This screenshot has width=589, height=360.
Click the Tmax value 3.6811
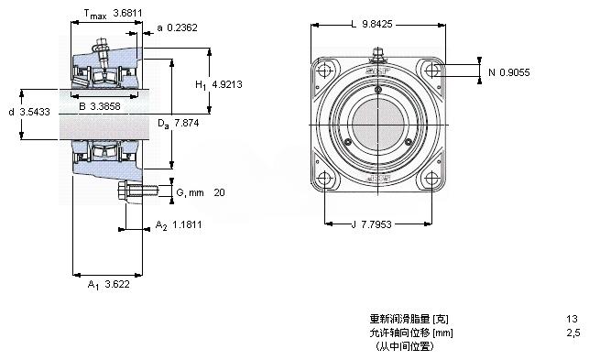tap(127, 13)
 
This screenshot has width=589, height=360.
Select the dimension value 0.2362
tap(182, 27)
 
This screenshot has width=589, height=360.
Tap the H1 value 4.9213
tap(227, 84)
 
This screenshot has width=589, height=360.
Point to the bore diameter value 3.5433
tap(35, 112)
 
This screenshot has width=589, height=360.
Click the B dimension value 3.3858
tap(105, 106)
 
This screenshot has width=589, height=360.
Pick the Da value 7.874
tap(186, 123)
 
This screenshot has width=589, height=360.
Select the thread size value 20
tap(219, 192)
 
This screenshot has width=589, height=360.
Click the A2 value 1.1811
tap(187, 224)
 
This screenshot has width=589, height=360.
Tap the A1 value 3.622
tap(117, 284)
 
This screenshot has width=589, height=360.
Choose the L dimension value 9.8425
tap(377, 25)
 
